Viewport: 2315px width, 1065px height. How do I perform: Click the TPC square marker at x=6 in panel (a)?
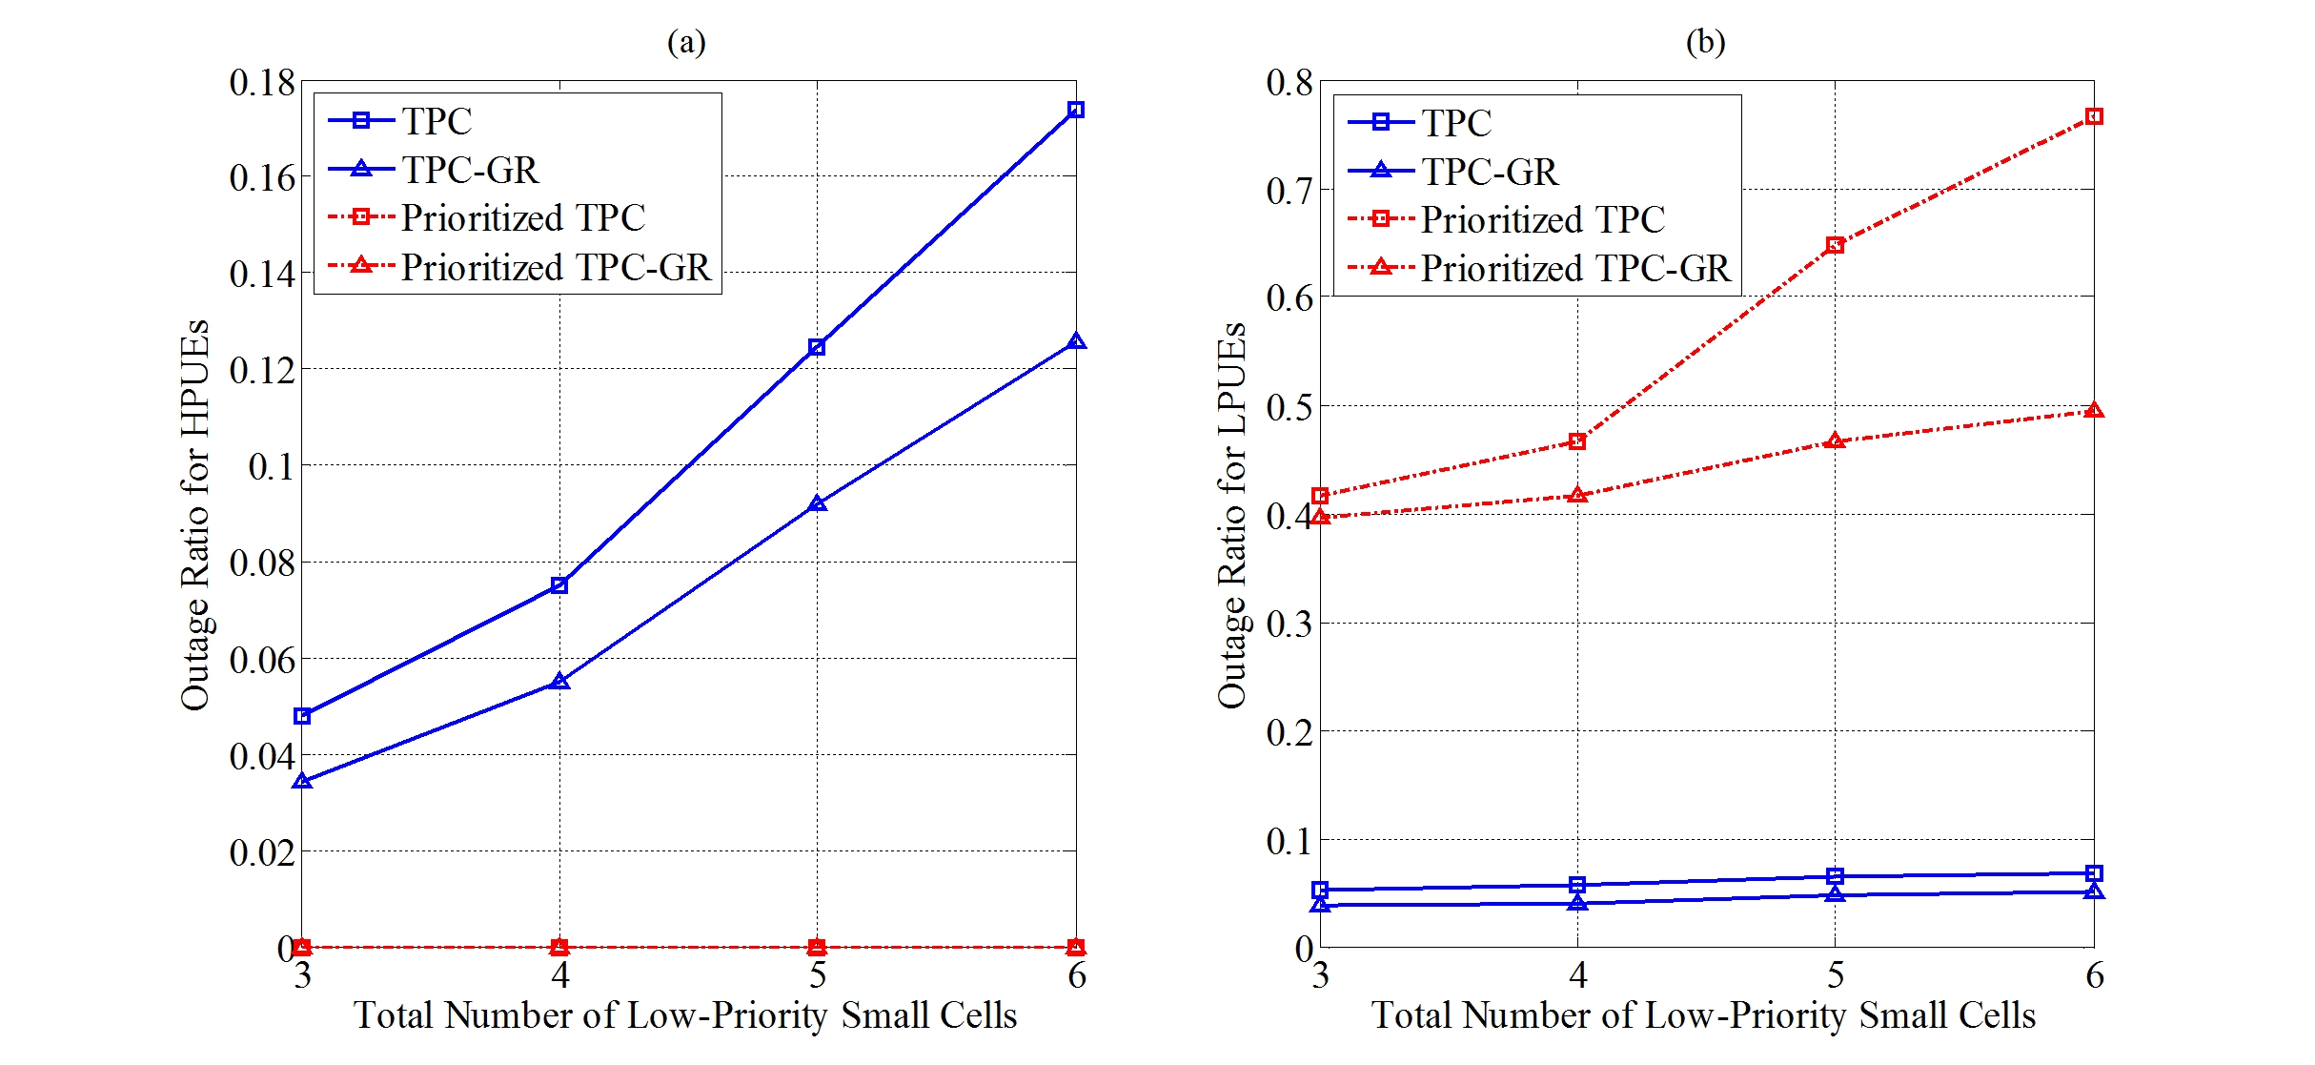pyautogui.click(x=1076, y=110)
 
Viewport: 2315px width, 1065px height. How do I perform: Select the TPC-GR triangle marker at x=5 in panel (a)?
pyautogui.click(x=817, y=503)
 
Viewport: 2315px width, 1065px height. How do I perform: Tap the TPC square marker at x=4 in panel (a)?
pyautogui.click(x=559, y=585)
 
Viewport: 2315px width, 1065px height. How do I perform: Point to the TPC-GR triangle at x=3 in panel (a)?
pyautogui.click(x=302, y=782)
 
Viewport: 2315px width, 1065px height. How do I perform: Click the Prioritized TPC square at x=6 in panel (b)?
pyautogui.click(x=2094, y=116)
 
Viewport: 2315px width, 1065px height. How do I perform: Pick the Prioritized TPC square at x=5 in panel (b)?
pyautogui.click(x=1835, y=245)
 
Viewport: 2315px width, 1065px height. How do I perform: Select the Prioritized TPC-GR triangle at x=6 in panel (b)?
pyautogui.click(x=2094, y=411)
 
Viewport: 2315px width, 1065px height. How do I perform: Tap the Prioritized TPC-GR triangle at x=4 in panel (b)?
pyautogui.click(x=1577, y=496)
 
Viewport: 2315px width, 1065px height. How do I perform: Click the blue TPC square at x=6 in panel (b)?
pyautogui.click(x=2094, y=873)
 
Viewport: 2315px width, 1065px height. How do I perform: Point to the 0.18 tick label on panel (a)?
pyautogui.click(x=262, y=83)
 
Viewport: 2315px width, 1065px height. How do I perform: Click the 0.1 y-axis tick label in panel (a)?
pyautogui.click(x=272, y=467)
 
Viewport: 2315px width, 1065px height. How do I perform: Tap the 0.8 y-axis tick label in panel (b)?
pyautogui.click(x=1289, y=83)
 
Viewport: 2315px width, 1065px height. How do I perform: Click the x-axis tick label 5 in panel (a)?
pyautogui.click(x=818, y=975)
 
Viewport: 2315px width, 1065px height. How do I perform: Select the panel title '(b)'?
pyautogui.click(x=1705, y=42)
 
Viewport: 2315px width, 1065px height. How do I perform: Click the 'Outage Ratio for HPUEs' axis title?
pyautogui.click(x=195, y=515)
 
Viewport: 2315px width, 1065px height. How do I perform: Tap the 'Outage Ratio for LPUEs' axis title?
pyautogui.click(x=1231, y=515)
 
